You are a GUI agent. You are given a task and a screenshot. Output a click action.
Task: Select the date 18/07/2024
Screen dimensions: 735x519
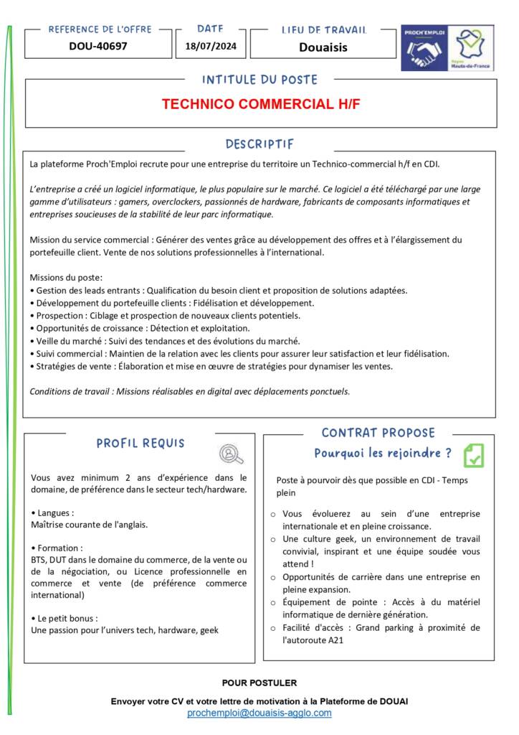point(210,47)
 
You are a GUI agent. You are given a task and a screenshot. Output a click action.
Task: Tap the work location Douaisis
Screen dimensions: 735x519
point(323,47)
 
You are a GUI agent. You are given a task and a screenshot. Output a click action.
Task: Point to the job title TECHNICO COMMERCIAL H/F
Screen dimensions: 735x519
point(260,104)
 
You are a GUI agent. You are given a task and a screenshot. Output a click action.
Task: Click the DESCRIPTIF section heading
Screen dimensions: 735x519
point(259,144)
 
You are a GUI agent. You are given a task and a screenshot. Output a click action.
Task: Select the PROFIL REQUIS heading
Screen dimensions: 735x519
point(141,444)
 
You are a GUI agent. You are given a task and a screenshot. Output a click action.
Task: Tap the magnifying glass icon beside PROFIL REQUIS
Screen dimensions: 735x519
point(231,454)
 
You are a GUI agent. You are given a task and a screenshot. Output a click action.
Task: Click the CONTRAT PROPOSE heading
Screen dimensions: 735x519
point(378,433)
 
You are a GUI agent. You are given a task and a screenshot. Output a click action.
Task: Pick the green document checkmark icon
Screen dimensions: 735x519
point(473,455)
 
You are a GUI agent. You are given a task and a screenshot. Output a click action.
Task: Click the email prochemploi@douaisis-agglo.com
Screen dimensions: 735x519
point(259,713)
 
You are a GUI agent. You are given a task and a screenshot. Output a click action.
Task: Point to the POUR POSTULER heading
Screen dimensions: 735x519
point(259,683)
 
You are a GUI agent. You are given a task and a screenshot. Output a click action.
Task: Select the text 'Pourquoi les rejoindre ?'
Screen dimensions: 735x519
point(383,454)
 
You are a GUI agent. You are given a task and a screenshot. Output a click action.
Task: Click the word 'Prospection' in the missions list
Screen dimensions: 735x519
point(58,315)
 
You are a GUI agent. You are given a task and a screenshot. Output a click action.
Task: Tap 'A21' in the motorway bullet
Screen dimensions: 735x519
point(328,640)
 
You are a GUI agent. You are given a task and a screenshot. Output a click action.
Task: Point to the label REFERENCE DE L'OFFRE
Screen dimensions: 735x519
point(100,29)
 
